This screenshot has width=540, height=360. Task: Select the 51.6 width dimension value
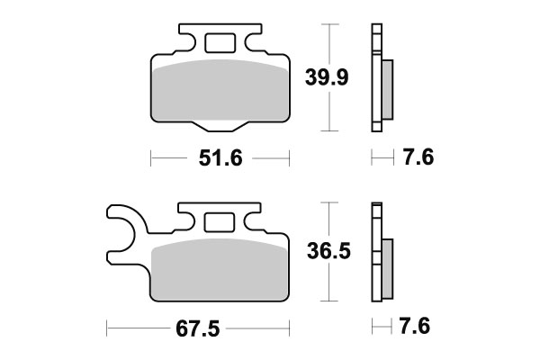[220, 159]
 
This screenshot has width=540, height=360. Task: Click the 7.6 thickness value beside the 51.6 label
[419, 159]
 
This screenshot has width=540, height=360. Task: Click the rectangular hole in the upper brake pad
[219, 42]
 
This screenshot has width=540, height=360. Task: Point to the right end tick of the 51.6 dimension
[289, 159]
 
